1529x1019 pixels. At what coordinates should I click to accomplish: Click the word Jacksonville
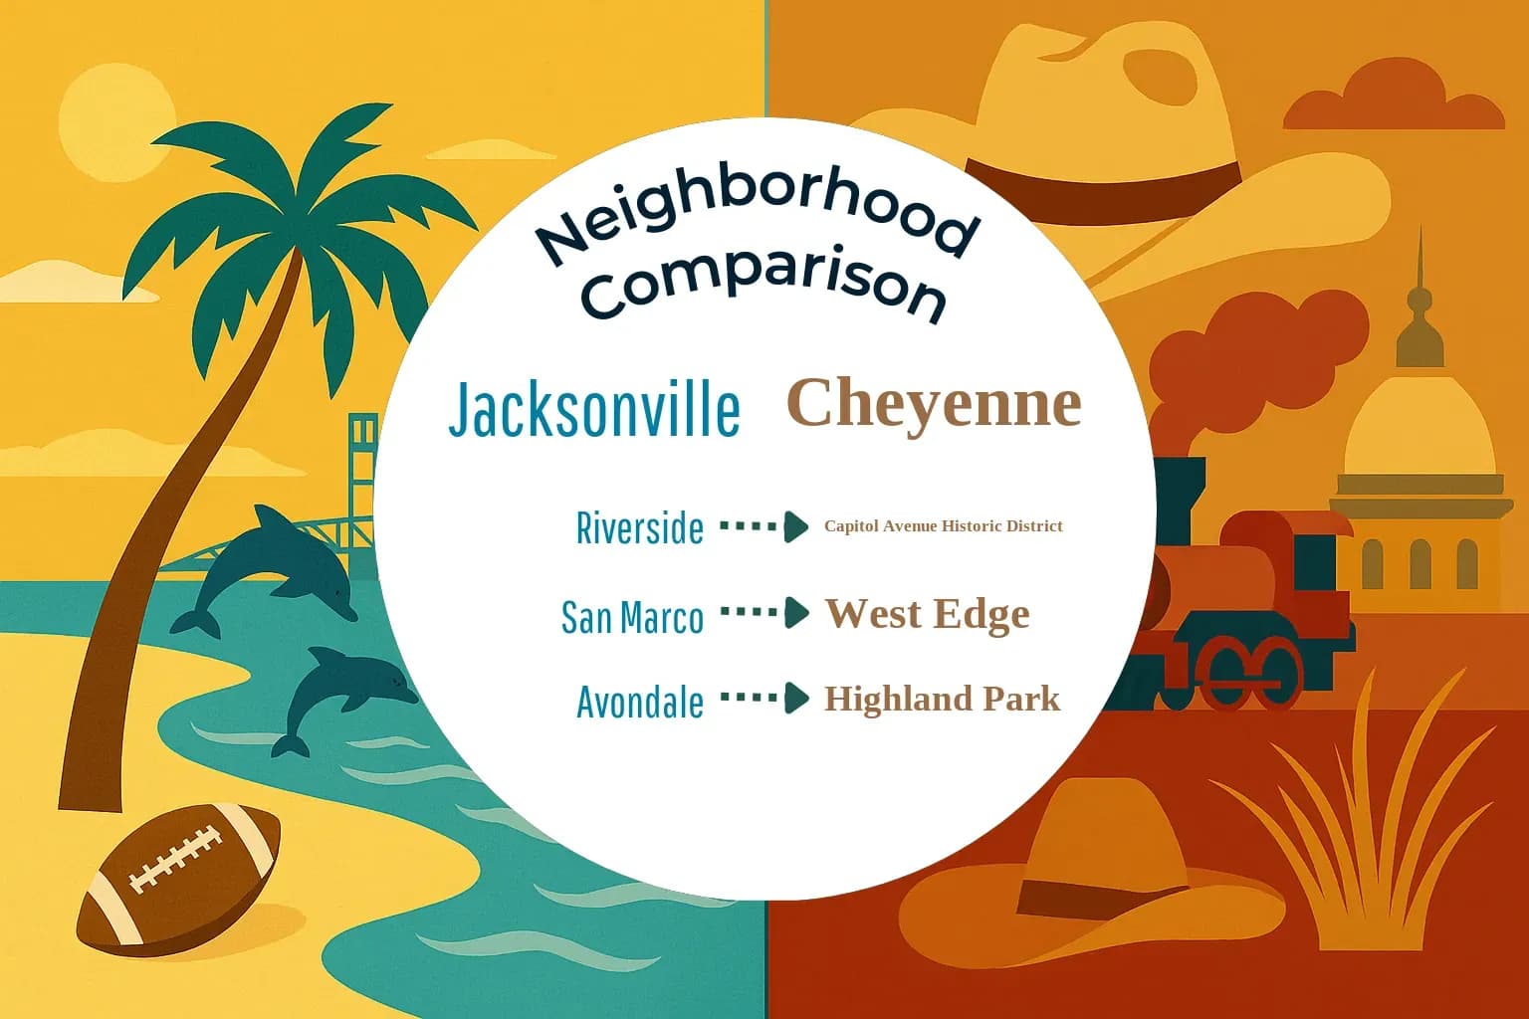tap(594, 409)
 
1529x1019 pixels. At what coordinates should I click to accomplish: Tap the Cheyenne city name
tap(934, 403)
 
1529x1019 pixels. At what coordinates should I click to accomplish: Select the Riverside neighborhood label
tap(640, 527)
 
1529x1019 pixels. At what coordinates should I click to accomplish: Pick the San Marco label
tap(632, 617)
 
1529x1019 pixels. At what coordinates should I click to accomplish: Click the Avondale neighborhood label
tap(640, 703)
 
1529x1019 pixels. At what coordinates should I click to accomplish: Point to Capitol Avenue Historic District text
tap(943, 525)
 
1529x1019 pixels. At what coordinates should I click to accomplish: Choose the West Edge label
tap(927, 613)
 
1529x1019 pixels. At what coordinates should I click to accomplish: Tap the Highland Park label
tap(942, 699)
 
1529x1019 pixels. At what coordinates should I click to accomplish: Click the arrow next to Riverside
tap(764, 526)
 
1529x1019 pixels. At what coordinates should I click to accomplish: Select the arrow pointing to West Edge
tap(764, 612)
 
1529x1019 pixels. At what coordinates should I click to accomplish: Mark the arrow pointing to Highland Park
tap(764, 698)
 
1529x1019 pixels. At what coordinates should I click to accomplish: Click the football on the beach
tap(179, 875)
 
